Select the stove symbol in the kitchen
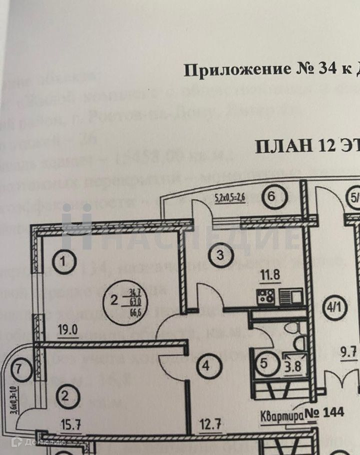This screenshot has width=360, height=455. coord(264,297)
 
